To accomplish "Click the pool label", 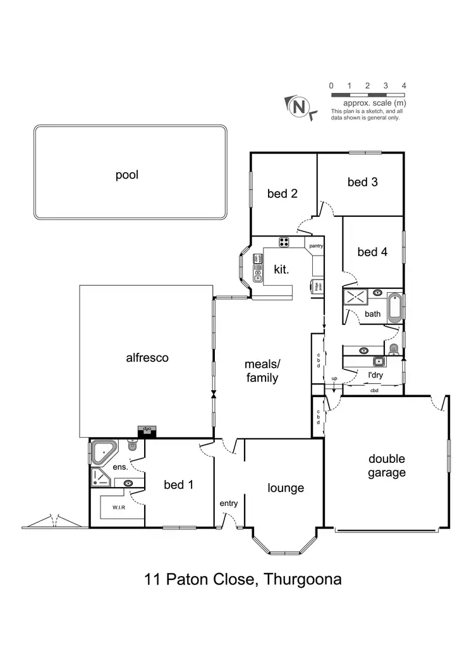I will coord(126,175).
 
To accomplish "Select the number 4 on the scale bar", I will coord(403,85).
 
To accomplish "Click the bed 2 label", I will coord(282,194).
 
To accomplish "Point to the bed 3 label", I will coord(362,182).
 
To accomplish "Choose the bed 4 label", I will coord(372,252).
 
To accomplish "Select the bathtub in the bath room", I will coord(394,307).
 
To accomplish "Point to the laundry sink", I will coord(379,362).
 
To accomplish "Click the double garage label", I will coord(387,465).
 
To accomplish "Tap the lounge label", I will coord(286,488).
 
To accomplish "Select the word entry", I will coord(228,503).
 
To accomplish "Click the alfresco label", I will coord(147,357).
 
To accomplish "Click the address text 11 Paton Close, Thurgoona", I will coord(243,579).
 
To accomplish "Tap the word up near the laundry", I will coord(334,379).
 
